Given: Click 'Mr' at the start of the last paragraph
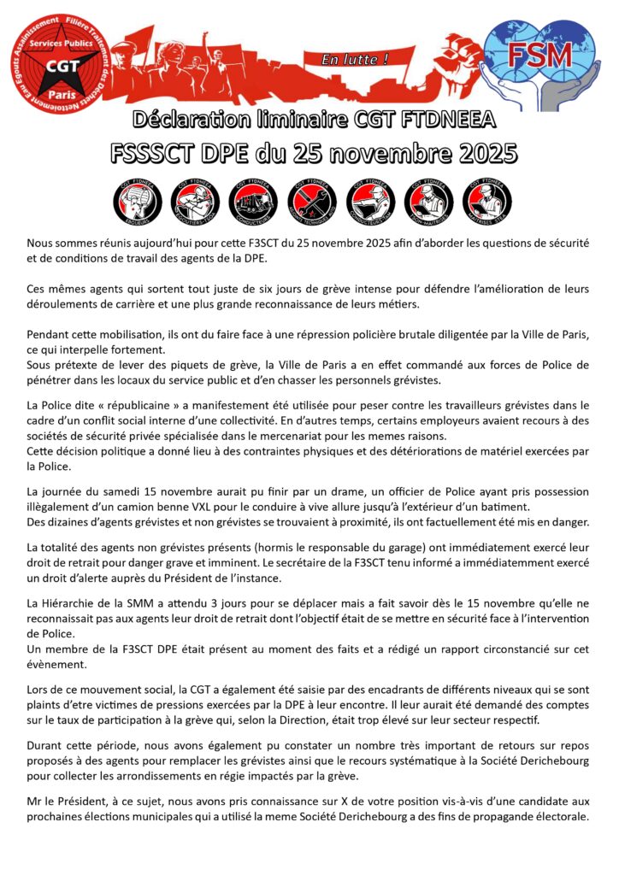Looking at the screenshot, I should (35, 800).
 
